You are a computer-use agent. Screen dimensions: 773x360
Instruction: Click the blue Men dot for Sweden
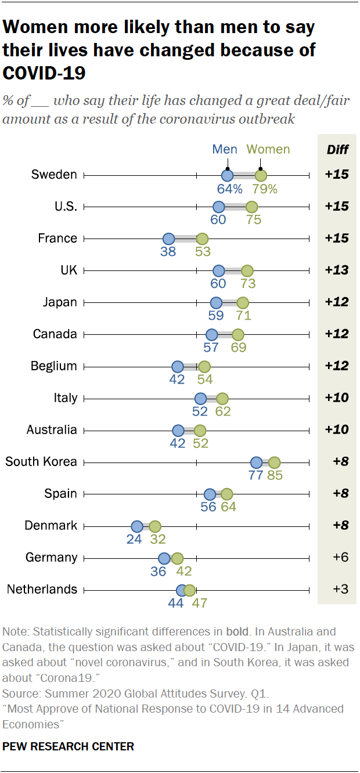[x=227, y=175]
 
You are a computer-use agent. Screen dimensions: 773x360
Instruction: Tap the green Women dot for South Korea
[x=274, y=463]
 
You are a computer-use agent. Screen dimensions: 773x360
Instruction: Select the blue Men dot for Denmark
[x=137, y=526]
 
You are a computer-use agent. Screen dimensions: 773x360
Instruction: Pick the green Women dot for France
[x=202, y=239]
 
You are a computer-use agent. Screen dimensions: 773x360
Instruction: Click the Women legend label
[x=268, y=149]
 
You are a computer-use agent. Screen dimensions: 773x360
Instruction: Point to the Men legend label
[x=225, y=149]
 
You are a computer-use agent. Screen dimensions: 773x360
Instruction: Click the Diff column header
[x=337, y=150]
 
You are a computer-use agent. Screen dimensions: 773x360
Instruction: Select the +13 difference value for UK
[x=337, y=270]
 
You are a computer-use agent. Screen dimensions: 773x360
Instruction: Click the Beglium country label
[x=53, y=366]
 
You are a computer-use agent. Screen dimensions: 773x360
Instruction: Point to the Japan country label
[x=60, y=302]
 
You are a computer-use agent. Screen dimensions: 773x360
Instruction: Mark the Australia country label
[x=52, y=430]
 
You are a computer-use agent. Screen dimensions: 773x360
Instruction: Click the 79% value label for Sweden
[x=264, y=189]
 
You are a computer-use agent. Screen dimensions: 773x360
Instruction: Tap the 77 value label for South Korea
[x=255, y=476]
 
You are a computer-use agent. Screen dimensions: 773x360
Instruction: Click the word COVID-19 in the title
[x=45, y=73]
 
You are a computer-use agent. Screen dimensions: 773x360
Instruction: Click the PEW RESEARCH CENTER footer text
[x=69, y=746]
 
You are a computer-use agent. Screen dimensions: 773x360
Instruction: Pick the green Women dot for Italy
[x=222, y=399]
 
